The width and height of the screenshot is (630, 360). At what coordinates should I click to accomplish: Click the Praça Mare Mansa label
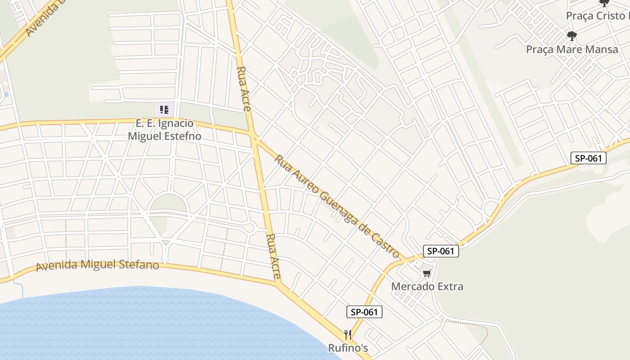click(x=572, y=49)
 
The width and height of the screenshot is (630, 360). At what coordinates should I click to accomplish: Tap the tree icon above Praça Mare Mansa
click(x=572, y=36)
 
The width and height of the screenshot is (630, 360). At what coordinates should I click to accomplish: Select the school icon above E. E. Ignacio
click(x=164, y=109)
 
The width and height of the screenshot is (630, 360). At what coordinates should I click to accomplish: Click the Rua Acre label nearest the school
click(x=244, y=89)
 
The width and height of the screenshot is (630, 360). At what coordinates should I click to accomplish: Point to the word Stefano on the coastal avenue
click(x=139, y=265)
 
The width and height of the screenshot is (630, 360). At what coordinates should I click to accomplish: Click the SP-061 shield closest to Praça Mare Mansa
click(x=589, y=158)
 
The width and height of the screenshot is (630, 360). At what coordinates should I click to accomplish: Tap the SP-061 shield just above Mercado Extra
click(x=441, y=251)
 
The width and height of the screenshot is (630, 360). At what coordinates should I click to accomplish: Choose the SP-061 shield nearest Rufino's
click(x=364, y=312)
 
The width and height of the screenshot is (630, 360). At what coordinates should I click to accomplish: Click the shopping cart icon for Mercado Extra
click(x=427, y=273)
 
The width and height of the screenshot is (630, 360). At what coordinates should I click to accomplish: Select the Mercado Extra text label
click(x=427, y=286)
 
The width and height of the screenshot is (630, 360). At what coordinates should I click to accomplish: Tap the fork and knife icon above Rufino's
click(x=348, y=335)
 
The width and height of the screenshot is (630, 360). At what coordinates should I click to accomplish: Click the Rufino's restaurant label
click(x=348, y=348)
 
